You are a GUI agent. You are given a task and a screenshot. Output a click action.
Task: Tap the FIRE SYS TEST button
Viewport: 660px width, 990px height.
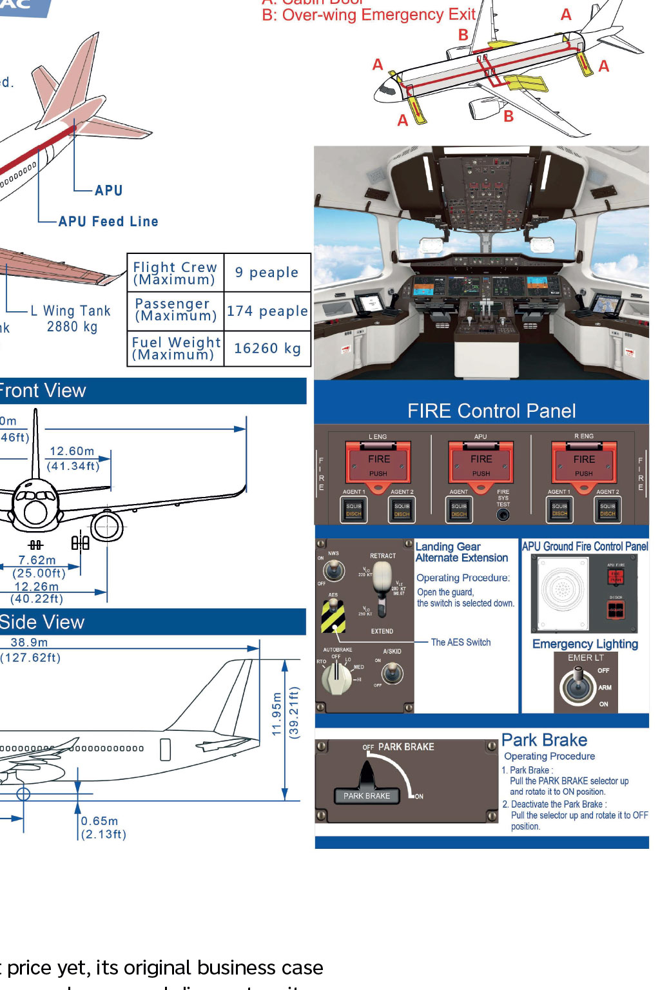(x=503, y=514)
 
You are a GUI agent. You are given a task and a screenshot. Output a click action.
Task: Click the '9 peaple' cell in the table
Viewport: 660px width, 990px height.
(x=267, y=273)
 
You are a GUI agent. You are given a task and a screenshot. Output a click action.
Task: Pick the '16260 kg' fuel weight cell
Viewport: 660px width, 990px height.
(x=267, y=349)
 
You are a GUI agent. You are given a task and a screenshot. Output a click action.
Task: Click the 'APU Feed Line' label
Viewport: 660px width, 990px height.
(x=108, y=222)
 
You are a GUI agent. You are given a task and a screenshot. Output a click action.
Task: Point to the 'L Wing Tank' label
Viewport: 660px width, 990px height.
(x=71, y=311)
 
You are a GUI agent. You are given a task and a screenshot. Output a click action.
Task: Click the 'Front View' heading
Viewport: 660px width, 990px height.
(x=43, y=391)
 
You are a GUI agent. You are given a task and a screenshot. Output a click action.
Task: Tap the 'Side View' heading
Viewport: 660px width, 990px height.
(x=43, y=622)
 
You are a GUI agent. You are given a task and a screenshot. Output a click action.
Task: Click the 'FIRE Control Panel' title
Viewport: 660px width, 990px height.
(x=491, y=411)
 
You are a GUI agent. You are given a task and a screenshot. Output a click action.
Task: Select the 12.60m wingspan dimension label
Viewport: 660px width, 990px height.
(x=72, y=452)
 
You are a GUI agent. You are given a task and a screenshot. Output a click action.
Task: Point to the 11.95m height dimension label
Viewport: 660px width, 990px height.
(x=277, y=714)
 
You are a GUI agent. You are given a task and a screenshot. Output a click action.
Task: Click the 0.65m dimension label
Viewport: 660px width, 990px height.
(x=100, y=821)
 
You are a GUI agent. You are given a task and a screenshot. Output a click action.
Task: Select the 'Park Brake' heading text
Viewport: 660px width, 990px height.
(x=544, y=740)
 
